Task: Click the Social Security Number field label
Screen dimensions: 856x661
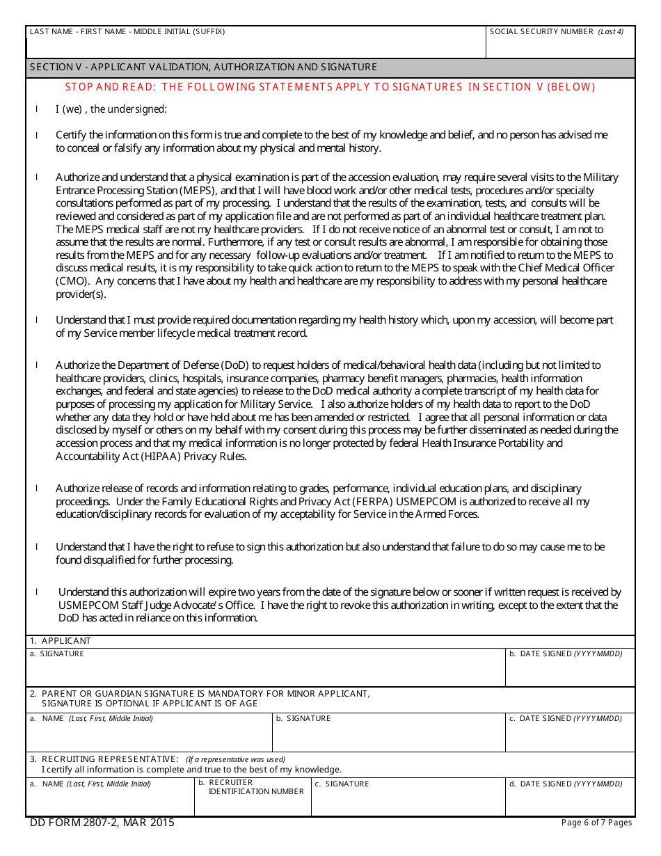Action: (557, 31)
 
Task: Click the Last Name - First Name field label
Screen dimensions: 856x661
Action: (127, 31)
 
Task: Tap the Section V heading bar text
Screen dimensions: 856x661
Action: (203, 68)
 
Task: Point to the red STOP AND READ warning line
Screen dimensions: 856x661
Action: (330, 87)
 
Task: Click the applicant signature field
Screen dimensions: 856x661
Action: (264, 672)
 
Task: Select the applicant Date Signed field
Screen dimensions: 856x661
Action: (570, 672)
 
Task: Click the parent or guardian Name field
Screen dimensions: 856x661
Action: (148, 736)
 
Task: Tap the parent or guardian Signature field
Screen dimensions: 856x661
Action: (388, 736)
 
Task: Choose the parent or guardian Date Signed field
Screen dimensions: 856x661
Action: (570, 736)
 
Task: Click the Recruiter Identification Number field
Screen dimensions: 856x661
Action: (252, 804)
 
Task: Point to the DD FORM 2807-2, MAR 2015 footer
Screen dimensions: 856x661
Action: (102, 823)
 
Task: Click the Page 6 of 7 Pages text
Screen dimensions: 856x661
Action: (596, 823)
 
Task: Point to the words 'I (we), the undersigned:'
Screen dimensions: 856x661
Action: (111, 109)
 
